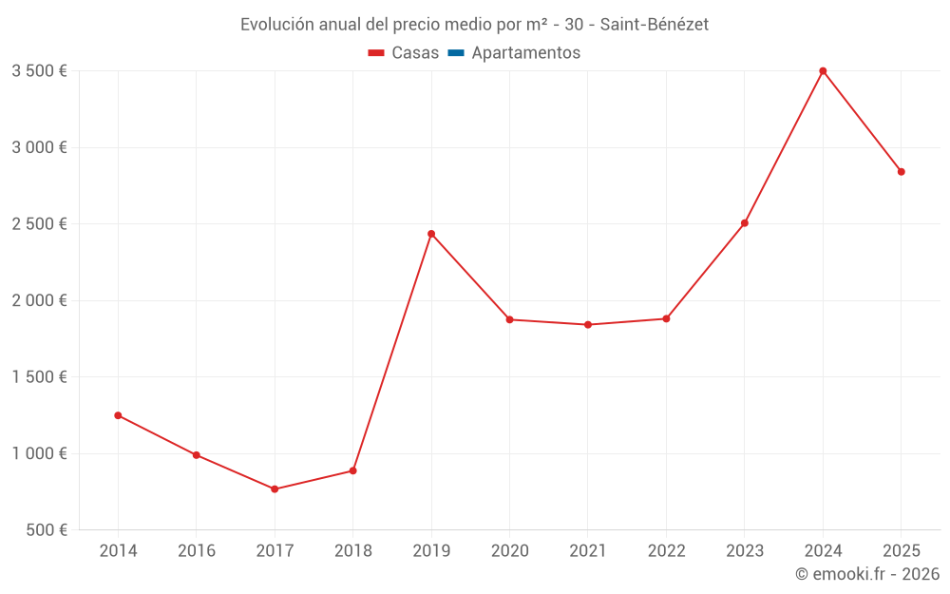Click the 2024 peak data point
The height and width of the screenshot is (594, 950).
coord(823,71)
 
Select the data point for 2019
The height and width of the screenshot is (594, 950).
coord(431,234)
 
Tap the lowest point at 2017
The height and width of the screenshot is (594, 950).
coord(275,489)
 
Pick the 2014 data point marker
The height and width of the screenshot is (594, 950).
coord(118,415)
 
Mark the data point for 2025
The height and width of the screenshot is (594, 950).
coord(901,172)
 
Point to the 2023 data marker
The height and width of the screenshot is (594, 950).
coord(745,223)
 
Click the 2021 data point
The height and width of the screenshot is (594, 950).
coord(588,325)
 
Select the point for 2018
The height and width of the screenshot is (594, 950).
coord(352,470)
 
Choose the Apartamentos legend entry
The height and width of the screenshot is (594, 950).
coord(525,53)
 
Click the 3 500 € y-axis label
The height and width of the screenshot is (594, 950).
coord(39,71)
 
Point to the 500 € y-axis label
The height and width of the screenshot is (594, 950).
coord(46,530)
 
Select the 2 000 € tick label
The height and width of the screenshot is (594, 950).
coord(39,300)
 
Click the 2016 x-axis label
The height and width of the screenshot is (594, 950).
coord(197,551)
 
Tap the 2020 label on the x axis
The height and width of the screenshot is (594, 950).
coord(509,551)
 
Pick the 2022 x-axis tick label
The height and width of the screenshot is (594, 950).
coord(666,551)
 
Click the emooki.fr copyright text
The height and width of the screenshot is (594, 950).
coord(867,574)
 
